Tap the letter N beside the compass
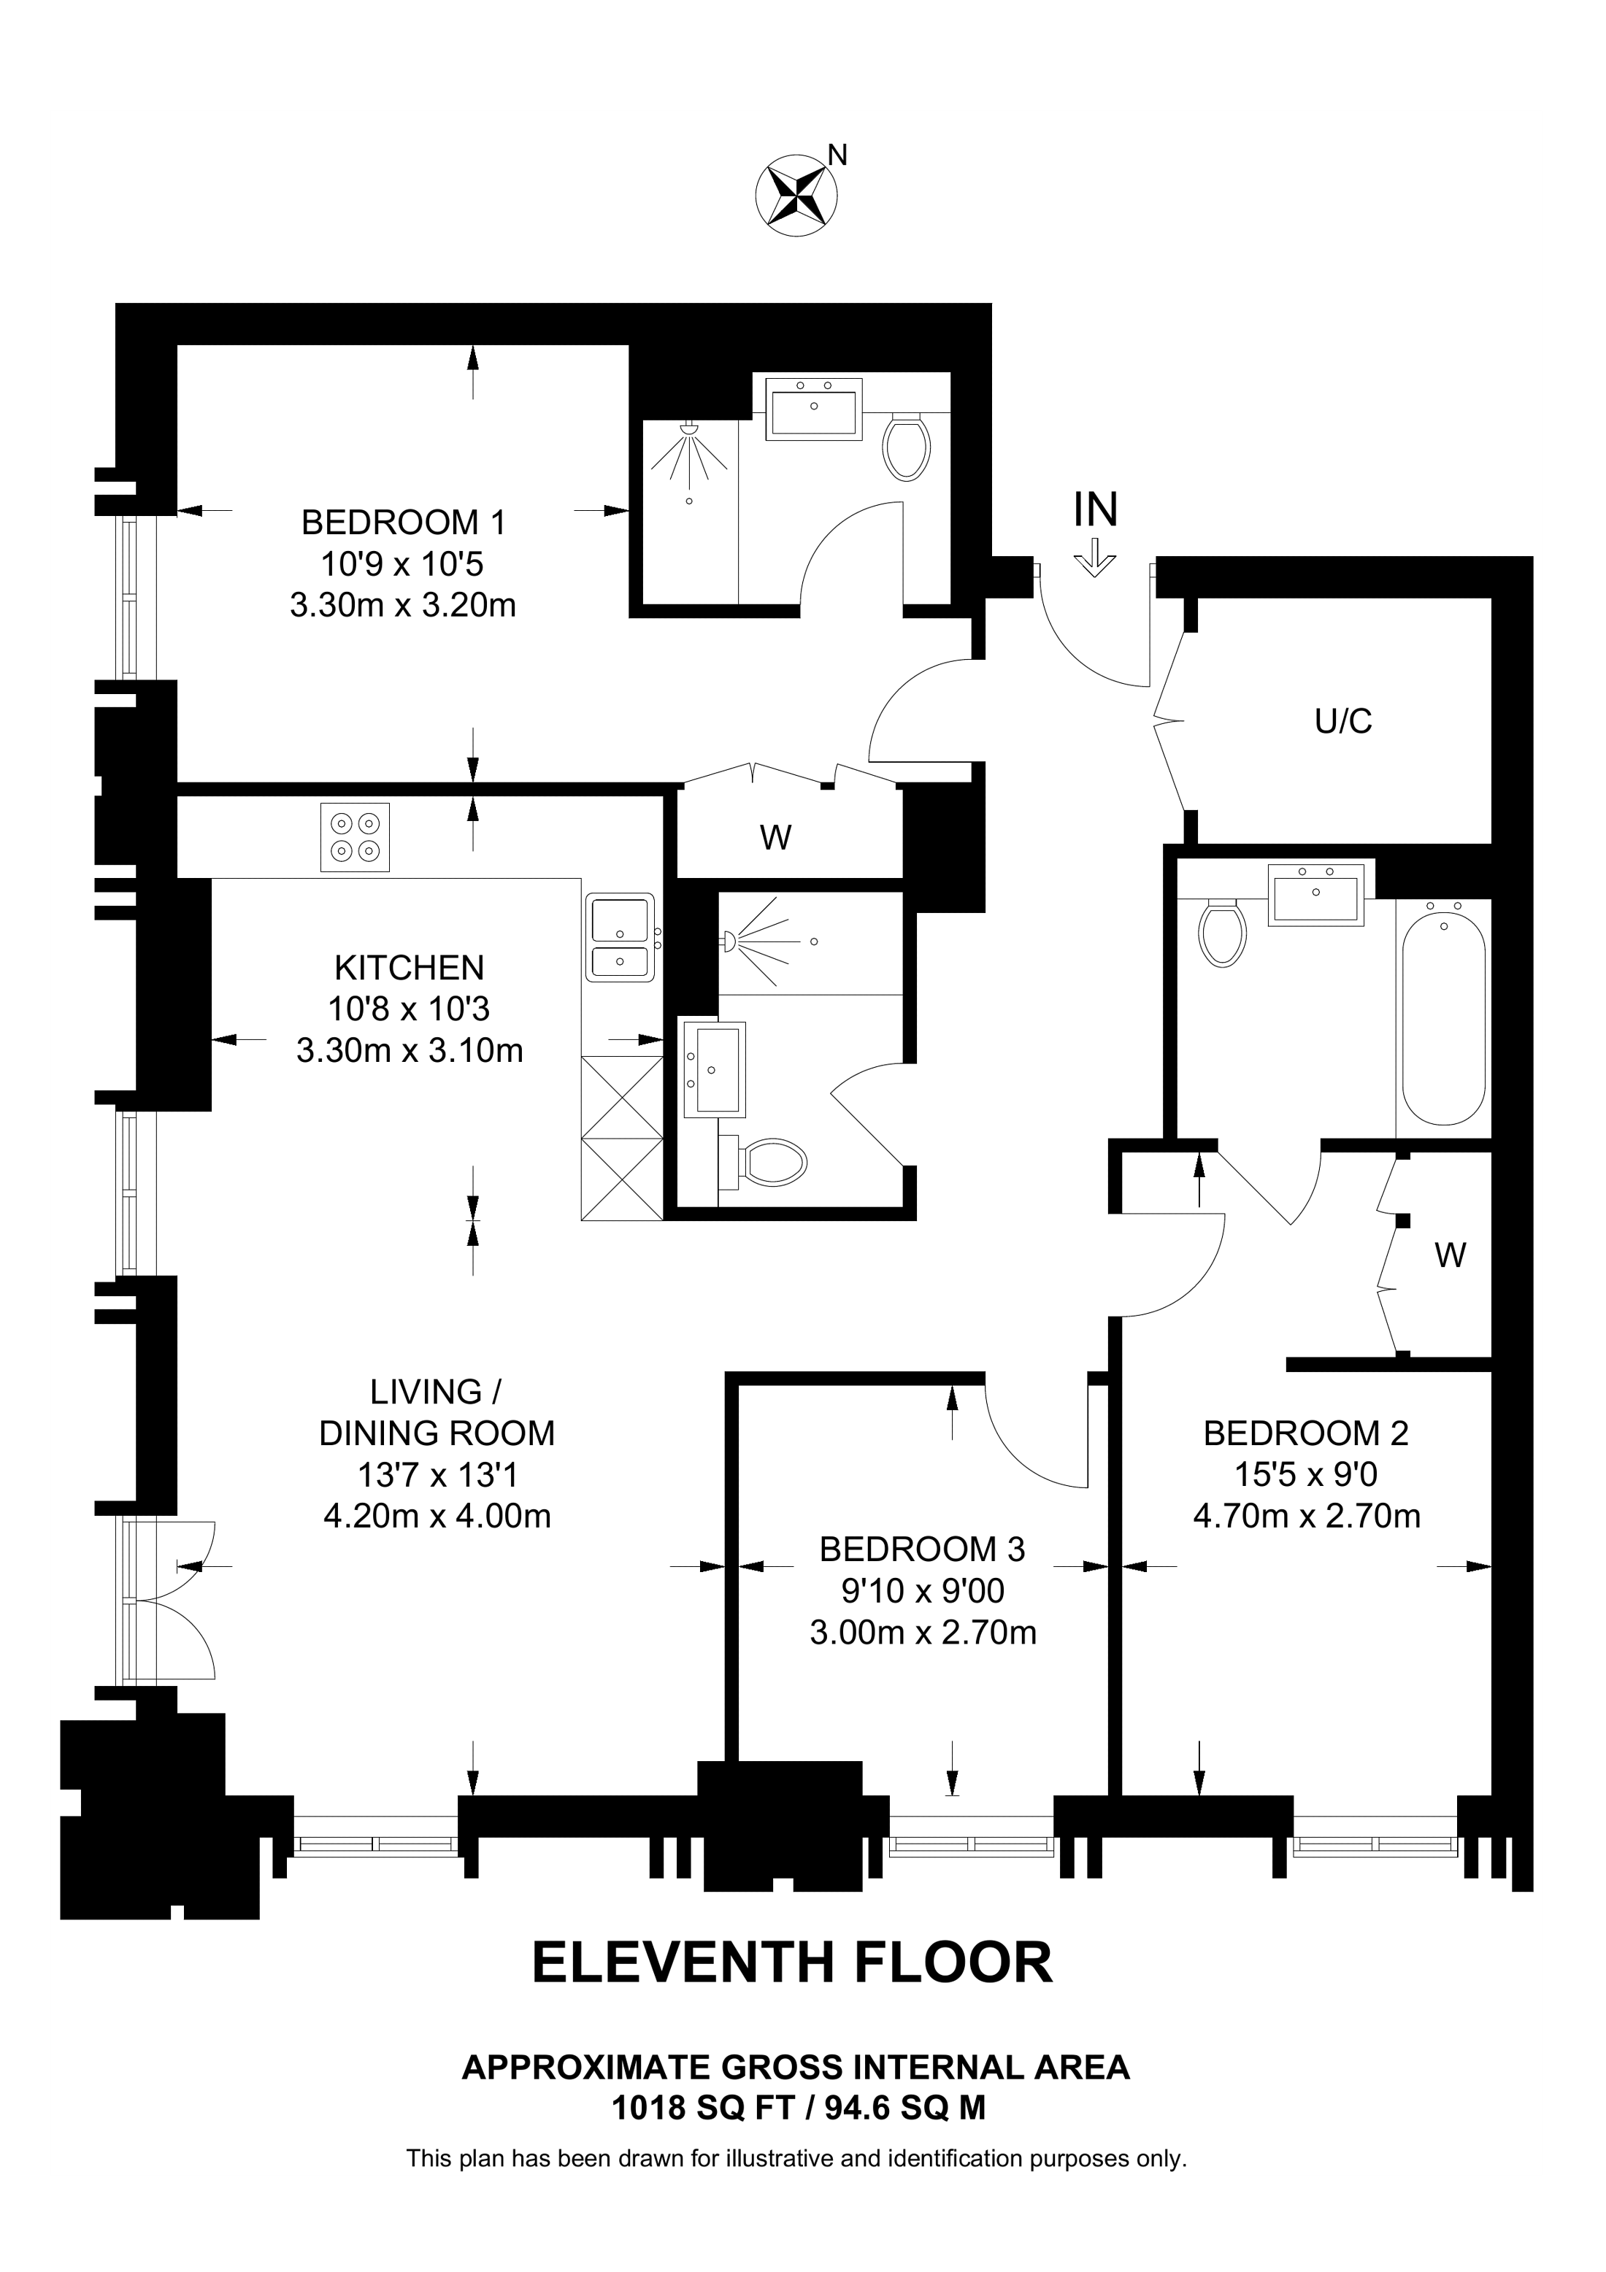point(837,155)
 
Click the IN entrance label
point(1096,511)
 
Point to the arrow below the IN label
point(1094,557)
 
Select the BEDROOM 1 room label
point(403,522)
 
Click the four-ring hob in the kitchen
point(354,837)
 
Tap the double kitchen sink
point(620,936)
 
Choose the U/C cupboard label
point(1342,721)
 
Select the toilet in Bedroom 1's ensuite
point(907,446)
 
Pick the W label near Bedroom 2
point(1450,1256)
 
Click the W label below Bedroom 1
point(776,838)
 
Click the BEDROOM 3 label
point(922,1549)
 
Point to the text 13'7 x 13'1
point(437,1476)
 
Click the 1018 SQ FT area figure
point(702,2108)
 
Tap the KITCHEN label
point(409,967)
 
